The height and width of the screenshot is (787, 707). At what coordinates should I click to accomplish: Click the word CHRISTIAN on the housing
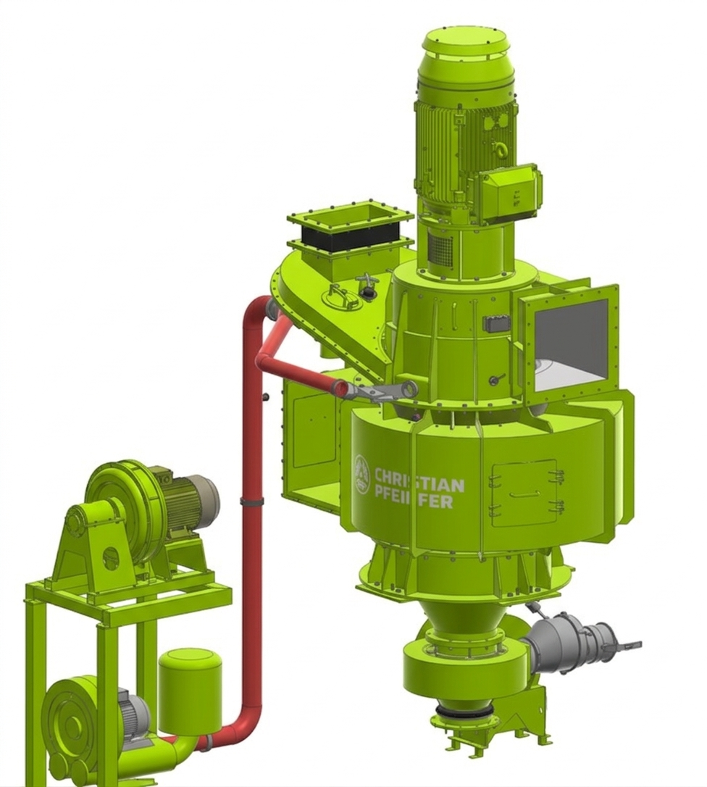point(419,480)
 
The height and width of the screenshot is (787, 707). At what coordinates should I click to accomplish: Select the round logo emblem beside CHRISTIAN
point(361,475)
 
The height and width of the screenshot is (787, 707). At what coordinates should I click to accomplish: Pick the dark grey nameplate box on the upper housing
point(497,323)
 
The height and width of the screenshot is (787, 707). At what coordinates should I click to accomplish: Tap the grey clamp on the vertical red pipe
point(251,501)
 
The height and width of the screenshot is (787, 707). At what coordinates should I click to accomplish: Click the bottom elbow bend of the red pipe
point(243,725)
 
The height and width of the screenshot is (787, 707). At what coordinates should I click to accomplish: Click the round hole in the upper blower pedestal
point(111,557)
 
